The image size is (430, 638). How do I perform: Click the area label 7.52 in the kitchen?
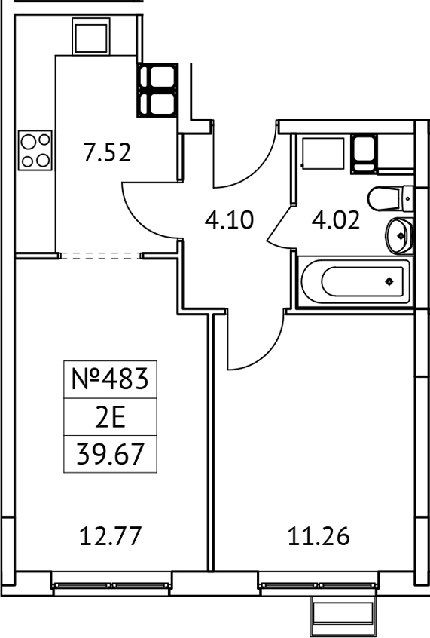[107, 153]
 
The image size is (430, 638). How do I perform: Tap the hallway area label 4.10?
[230, 220]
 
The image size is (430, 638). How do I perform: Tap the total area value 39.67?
[111, 455]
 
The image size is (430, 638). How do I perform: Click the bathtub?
[354, 282]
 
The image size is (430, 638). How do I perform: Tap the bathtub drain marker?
[389, 282]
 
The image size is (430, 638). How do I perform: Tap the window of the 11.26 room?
[318, 584]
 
